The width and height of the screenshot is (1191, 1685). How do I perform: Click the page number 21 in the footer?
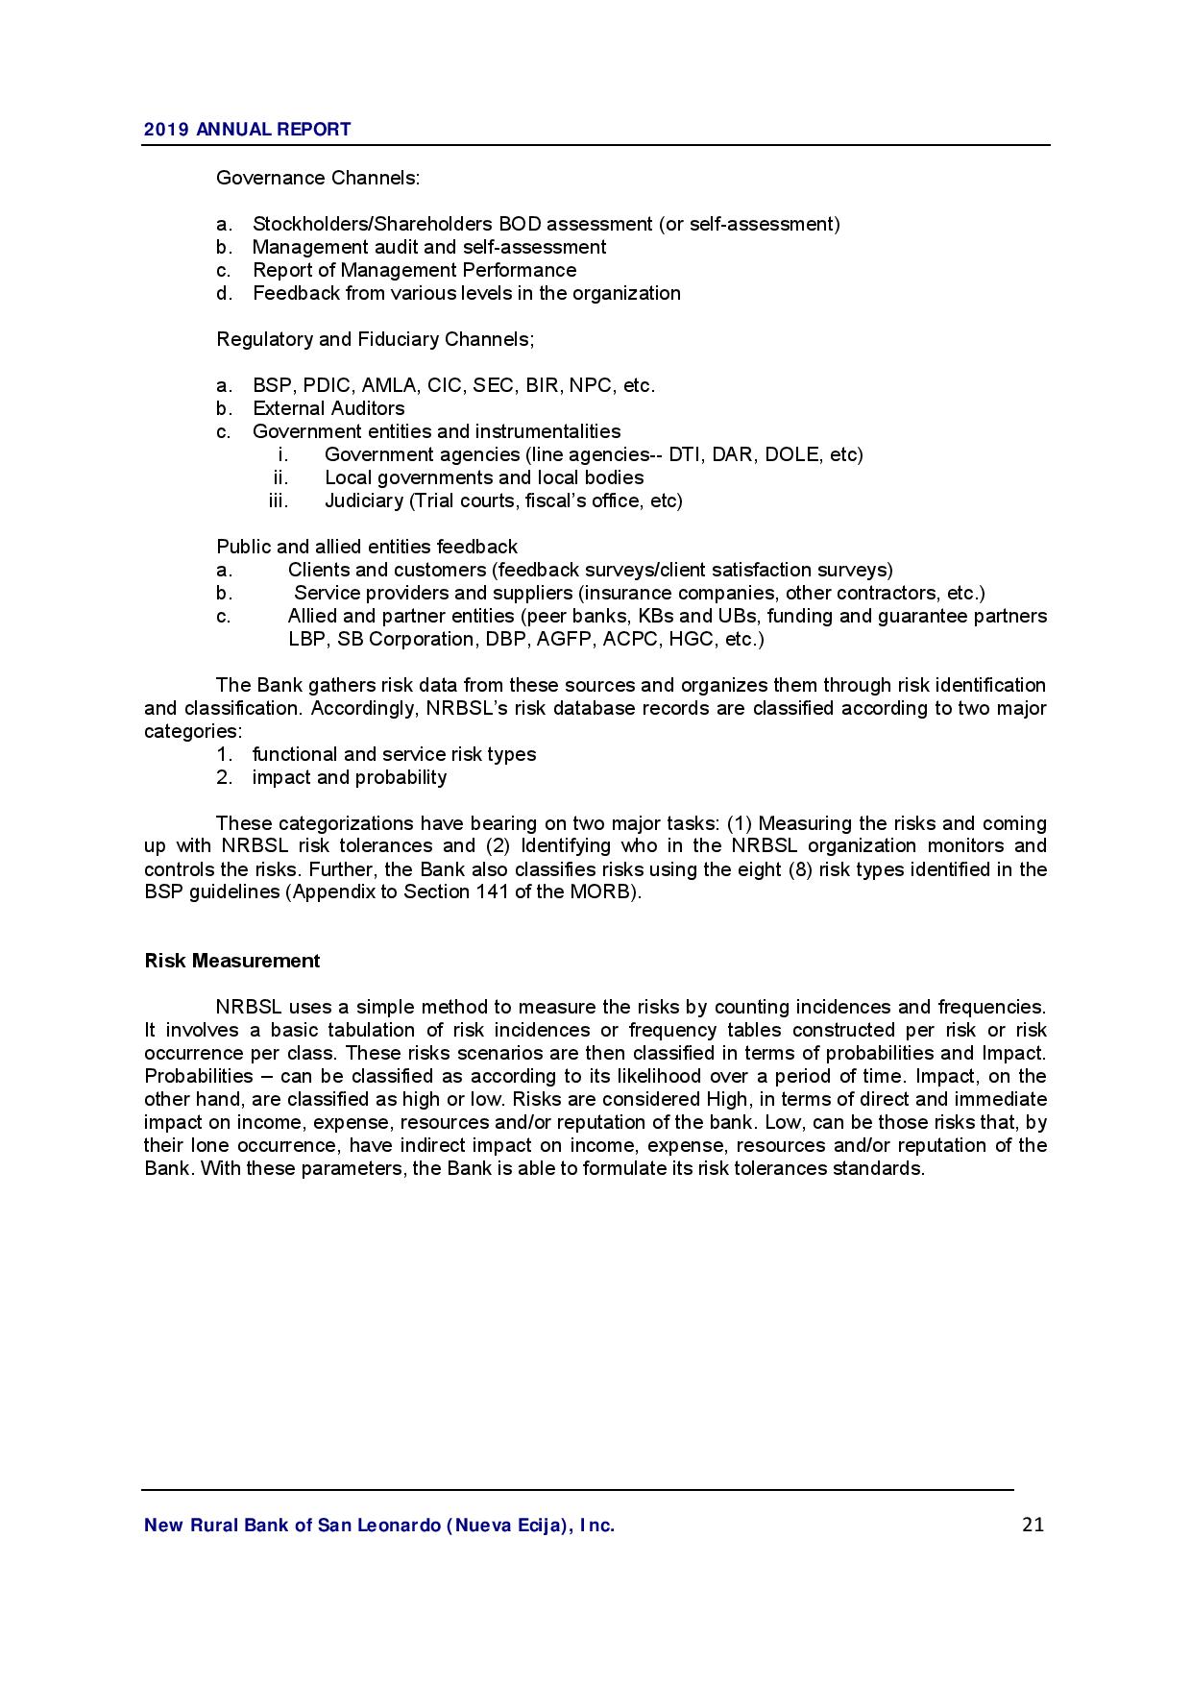(1033, 1525)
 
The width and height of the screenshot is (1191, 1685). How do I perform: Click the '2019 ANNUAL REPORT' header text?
(247, 130)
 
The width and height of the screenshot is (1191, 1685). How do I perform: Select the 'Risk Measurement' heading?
(231, 961)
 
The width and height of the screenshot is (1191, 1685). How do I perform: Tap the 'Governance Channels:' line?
(317, 178)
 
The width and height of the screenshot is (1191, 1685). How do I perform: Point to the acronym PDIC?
(328, 385)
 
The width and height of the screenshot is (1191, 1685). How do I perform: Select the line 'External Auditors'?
(328, 408)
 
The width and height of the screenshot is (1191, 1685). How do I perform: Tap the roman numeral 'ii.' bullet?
(280, 477)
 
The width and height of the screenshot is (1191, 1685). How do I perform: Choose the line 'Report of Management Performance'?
(414, 270)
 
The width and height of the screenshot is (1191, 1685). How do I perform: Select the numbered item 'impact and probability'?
(349, 777)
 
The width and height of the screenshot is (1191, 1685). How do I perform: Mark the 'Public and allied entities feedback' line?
(366, 547)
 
